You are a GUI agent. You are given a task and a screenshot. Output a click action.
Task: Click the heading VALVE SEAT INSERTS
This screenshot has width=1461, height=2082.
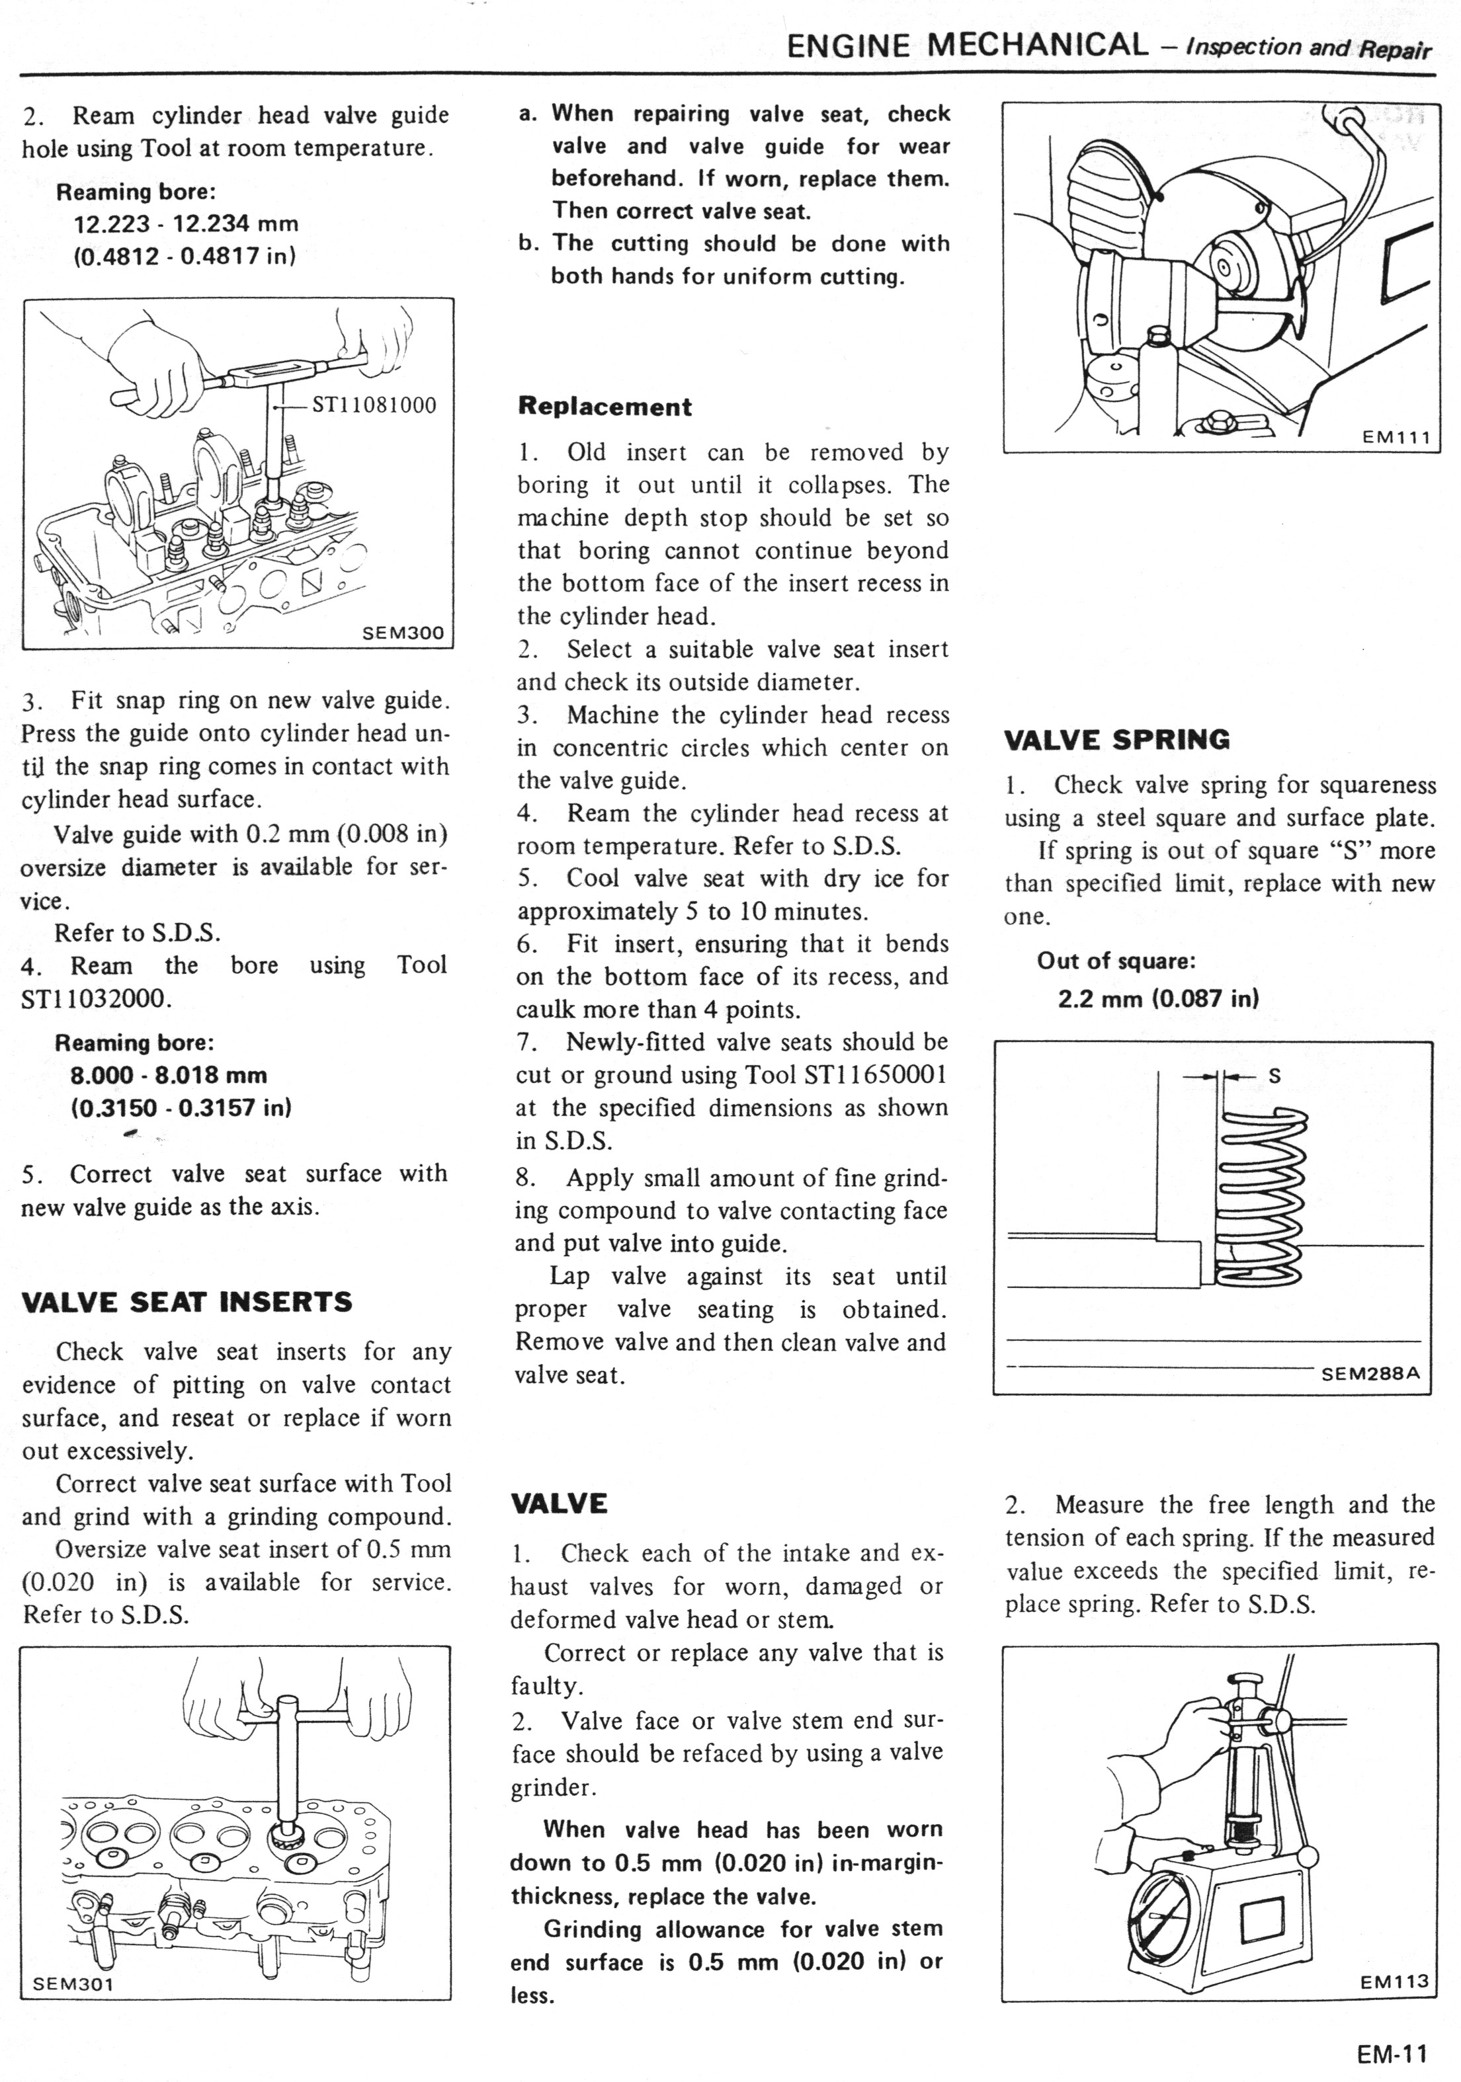(x=186, y=1302)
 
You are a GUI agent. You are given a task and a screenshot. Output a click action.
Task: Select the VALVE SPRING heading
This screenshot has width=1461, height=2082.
(x=1116, y=740)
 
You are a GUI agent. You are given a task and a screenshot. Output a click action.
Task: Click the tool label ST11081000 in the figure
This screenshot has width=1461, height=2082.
(x=374, y=405)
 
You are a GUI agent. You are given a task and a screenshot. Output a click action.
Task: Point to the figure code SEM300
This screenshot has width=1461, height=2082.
(x=403, y=633)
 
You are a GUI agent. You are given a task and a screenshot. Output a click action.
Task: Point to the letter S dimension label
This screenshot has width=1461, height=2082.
(x=1274, y=1076)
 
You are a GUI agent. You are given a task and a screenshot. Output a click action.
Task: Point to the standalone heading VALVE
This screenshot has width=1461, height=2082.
(x=560, y=1504)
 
